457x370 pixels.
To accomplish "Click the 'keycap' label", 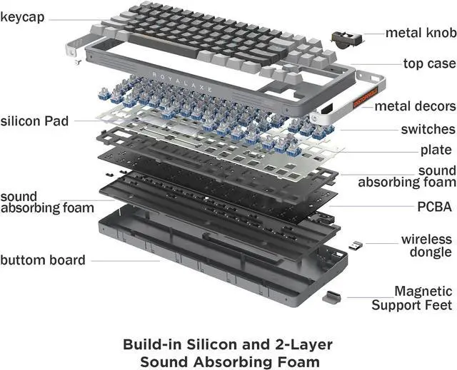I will pyautogui.click(x=26, y=16).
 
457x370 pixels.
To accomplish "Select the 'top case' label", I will pyautogui.click(x=428, y=63).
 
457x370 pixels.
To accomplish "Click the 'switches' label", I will pyautogui.click(x=428, y=129).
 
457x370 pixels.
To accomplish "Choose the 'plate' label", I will pyautogui.click(x=436, y=150).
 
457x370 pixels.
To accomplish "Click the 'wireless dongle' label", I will pyautogui.click(x=426, y=245).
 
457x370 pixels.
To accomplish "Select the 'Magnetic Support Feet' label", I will pyautogui.click(x=412, y=298).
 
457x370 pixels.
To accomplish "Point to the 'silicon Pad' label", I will pyautogui.click(x=34, y=121).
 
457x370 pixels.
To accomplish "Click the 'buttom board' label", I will pyautogui.click(x=43, y=260).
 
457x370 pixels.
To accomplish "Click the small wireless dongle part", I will pyautogui.click(x=355, y=246).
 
